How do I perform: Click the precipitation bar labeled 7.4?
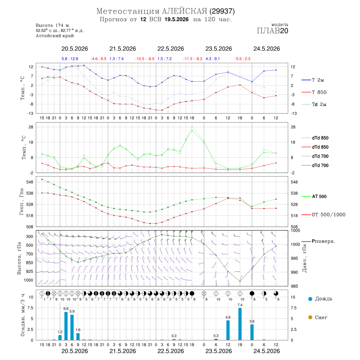pos(240,324)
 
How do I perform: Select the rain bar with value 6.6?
pos(66,326)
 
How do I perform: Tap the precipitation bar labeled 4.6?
pos(228,330)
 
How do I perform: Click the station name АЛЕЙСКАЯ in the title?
pos(184,11)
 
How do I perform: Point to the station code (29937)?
pos(222,11)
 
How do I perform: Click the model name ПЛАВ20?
pos(272,31)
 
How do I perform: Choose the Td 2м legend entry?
pos(314,104)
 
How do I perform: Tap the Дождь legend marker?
pos(310,299)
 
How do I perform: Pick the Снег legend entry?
pos(318,317)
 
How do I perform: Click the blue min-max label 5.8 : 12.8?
pos(70,59)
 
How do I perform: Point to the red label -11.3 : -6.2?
pos(193,59)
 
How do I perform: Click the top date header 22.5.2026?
pos(170,49)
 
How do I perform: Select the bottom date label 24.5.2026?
pos(266,351)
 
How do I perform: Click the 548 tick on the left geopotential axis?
pos(30,182)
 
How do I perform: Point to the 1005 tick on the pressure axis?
pos(295,230)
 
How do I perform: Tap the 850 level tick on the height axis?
pos(29,263)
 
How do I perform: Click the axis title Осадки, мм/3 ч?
pos(23,315)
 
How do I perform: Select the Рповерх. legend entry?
pos(318,241)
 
